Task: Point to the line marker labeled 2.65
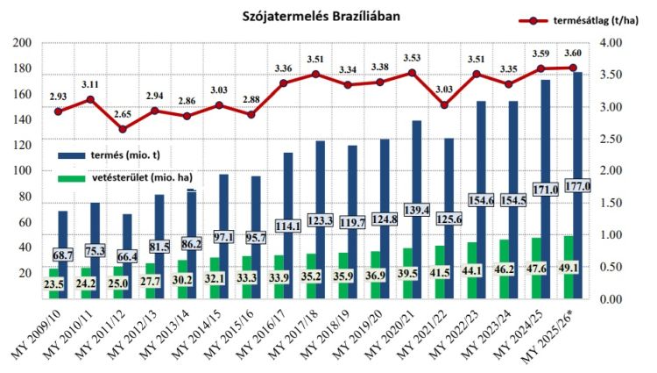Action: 123,129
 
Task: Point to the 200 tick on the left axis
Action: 22,43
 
